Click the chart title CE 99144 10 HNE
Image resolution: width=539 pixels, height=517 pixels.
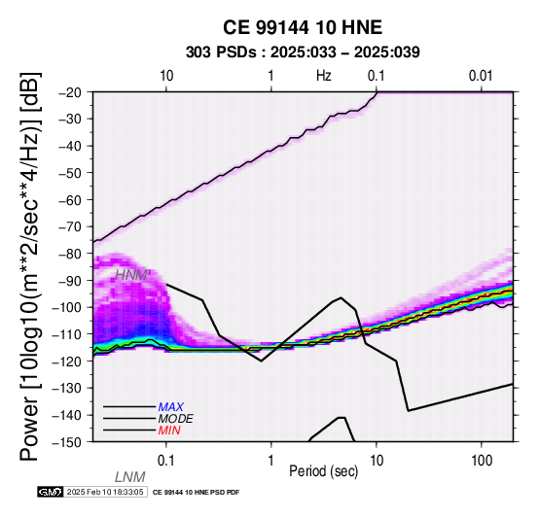click(303, 27)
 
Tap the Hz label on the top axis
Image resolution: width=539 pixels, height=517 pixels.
click(324, 76)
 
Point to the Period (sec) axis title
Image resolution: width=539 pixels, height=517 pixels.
click(323, 471)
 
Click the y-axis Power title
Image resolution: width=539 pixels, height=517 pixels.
click(30, 266)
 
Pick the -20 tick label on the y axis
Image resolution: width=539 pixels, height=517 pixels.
click(70, 92)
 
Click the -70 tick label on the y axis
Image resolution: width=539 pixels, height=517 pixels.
click(70, 227)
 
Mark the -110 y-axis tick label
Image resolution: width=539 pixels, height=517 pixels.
click(67, 334)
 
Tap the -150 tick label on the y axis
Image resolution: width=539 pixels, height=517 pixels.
click(67, 442)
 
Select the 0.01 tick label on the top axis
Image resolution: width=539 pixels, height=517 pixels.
click(481, 76)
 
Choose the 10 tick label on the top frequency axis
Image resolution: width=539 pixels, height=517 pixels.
click(166, 76)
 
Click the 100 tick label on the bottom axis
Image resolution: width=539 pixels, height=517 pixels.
click(482, 461)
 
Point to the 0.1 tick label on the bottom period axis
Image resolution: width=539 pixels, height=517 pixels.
click(166, 461)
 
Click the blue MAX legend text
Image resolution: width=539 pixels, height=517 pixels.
click(171, 407)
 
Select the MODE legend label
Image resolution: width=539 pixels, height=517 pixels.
click(176, 419)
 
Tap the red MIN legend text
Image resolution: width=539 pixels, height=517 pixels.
click(169, 431)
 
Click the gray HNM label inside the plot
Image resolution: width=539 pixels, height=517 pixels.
click(131, 275)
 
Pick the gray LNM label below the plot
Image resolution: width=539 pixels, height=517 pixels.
click(130, 477)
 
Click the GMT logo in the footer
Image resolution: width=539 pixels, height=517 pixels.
click(51, 492)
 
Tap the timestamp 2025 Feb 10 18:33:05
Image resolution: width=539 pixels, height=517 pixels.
click(105, 492)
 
